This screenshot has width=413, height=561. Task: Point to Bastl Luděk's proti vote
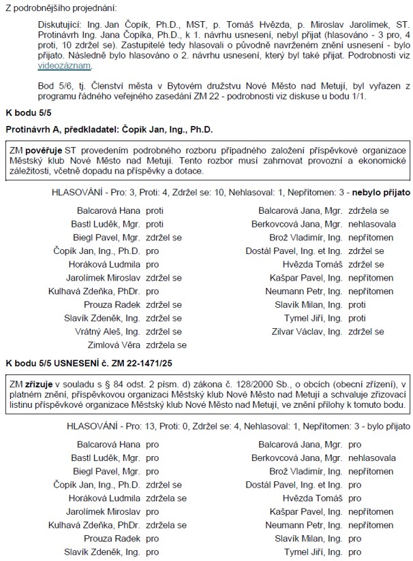point(155,223)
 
